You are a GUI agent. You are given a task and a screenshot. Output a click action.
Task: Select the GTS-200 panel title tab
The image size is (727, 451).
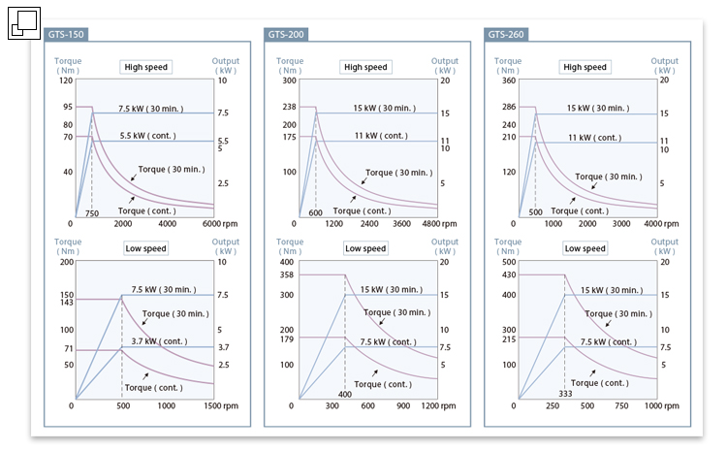[x=286, y=34]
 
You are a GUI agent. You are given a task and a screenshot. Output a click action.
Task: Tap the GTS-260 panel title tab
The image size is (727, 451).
[x=506, y=34]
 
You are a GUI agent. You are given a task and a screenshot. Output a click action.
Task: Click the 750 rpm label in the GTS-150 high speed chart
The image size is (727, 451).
[x=92, y=213]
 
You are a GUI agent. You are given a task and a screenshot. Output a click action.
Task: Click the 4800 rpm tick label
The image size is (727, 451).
[x=433, y=223]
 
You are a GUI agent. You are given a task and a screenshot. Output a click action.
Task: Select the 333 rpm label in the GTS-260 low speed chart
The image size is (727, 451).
[x=566, y=394]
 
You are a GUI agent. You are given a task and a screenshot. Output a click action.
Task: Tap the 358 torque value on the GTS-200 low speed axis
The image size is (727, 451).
[x=287, y=275]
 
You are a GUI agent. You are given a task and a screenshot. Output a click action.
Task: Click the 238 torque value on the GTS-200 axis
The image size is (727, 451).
[x=287, y=107]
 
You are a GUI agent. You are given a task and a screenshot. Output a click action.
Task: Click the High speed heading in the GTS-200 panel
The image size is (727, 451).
[x=365, y=67]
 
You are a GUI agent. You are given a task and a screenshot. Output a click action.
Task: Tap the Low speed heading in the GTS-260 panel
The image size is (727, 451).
[x=585, y=248]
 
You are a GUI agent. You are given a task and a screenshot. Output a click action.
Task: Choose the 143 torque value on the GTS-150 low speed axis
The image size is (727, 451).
[x=67, y=303]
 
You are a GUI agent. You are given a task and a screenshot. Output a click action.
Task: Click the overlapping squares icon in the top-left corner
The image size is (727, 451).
[x=23, y=23]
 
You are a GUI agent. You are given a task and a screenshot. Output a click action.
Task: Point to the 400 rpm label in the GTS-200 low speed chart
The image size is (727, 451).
[x=344, y=394]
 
